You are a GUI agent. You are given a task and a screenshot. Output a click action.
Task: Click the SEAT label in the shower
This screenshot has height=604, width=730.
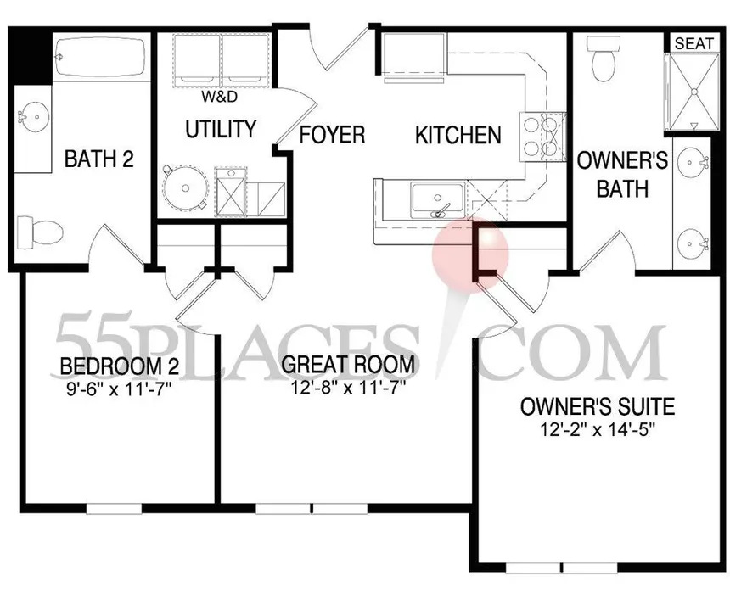pos(693,43)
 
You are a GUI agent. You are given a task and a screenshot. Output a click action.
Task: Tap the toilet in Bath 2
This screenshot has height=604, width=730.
pos(40,231)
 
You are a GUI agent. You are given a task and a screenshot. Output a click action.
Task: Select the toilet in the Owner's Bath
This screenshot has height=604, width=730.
pos(604,59)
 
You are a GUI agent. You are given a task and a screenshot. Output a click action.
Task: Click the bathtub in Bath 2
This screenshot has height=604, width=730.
pos(100,58)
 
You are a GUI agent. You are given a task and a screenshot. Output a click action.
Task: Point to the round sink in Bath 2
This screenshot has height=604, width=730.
pos(33,116)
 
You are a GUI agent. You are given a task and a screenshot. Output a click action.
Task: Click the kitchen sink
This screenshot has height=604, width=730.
pos(437,200)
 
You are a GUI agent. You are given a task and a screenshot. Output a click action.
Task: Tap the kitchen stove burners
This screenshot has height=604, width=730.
pos(542,137)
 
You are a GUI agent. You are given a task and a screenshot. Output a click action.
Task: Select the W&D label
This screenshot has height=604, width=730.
pos(219,97)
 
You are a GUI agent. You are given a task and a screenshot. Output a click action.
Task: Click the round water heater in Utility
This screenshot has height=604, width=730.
pos(185,188)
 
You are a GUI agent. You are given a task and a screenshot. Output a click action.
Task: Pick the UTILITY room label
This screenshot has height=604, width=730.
pos(222,129)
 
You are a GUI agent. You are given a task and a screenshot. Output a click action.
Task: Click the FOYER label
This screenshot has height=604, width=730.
pos(332,134)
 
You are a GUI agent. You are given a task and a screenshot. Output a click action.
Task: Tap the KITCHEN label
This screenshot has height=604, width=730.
pos(458,135)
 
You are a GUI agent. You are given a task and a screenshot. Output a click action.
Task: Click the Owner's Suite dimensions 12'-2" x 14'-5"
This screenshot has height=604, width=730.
pos(598,429)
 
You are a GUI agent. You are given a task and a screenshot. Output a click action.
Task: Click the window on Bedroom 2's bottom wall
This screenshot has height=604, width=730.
pos(114,509)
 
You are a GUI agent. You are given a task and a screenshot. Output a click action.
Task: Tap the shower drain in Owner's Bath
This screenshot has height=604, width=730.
pos(693,92)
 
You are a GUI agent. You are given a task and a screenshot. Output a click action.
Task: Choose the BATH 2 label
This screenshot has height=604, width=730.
pos(99,159)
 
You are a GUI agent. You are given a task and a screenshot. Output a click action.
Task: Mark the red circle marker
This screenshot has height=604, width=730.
pos(470,254)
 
